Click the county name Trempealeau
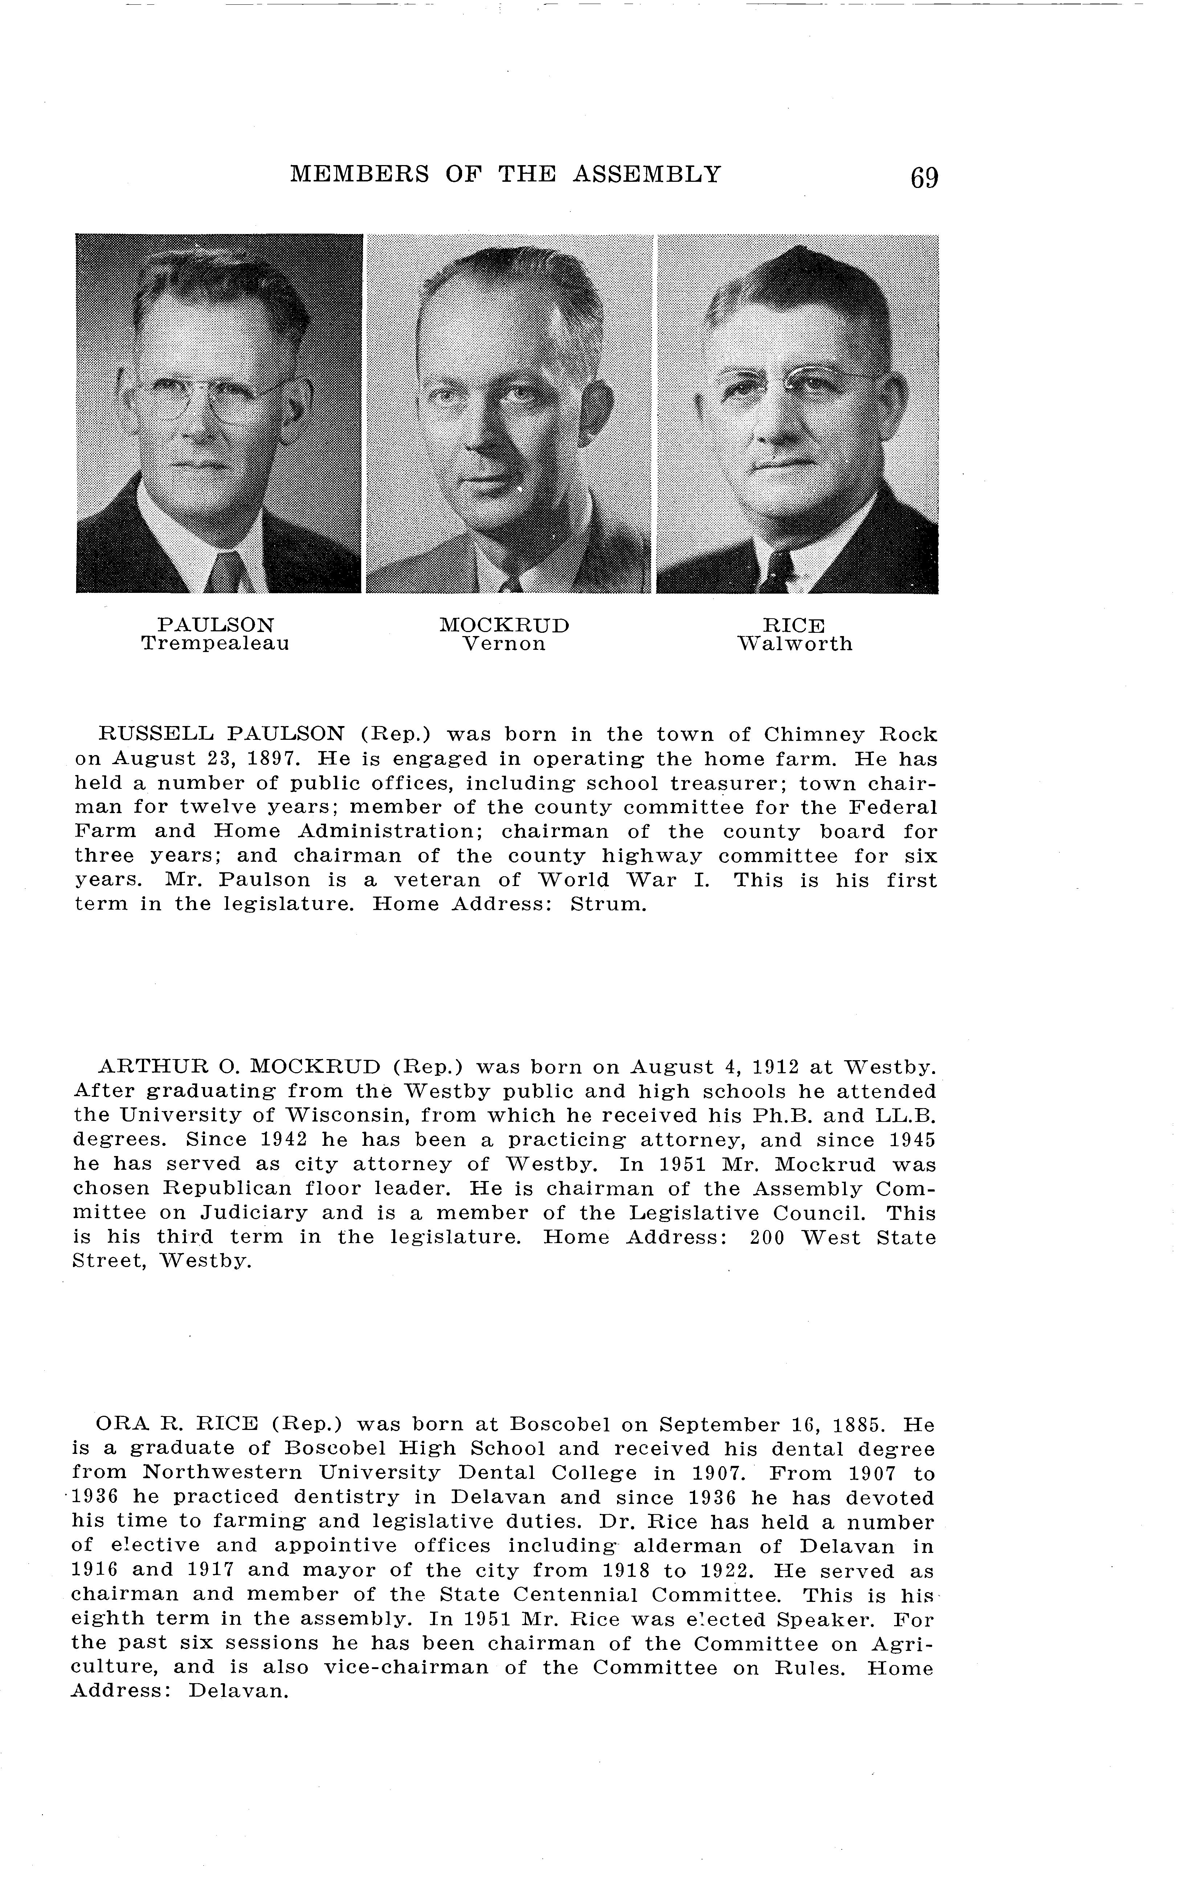[x=215, y=644]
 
